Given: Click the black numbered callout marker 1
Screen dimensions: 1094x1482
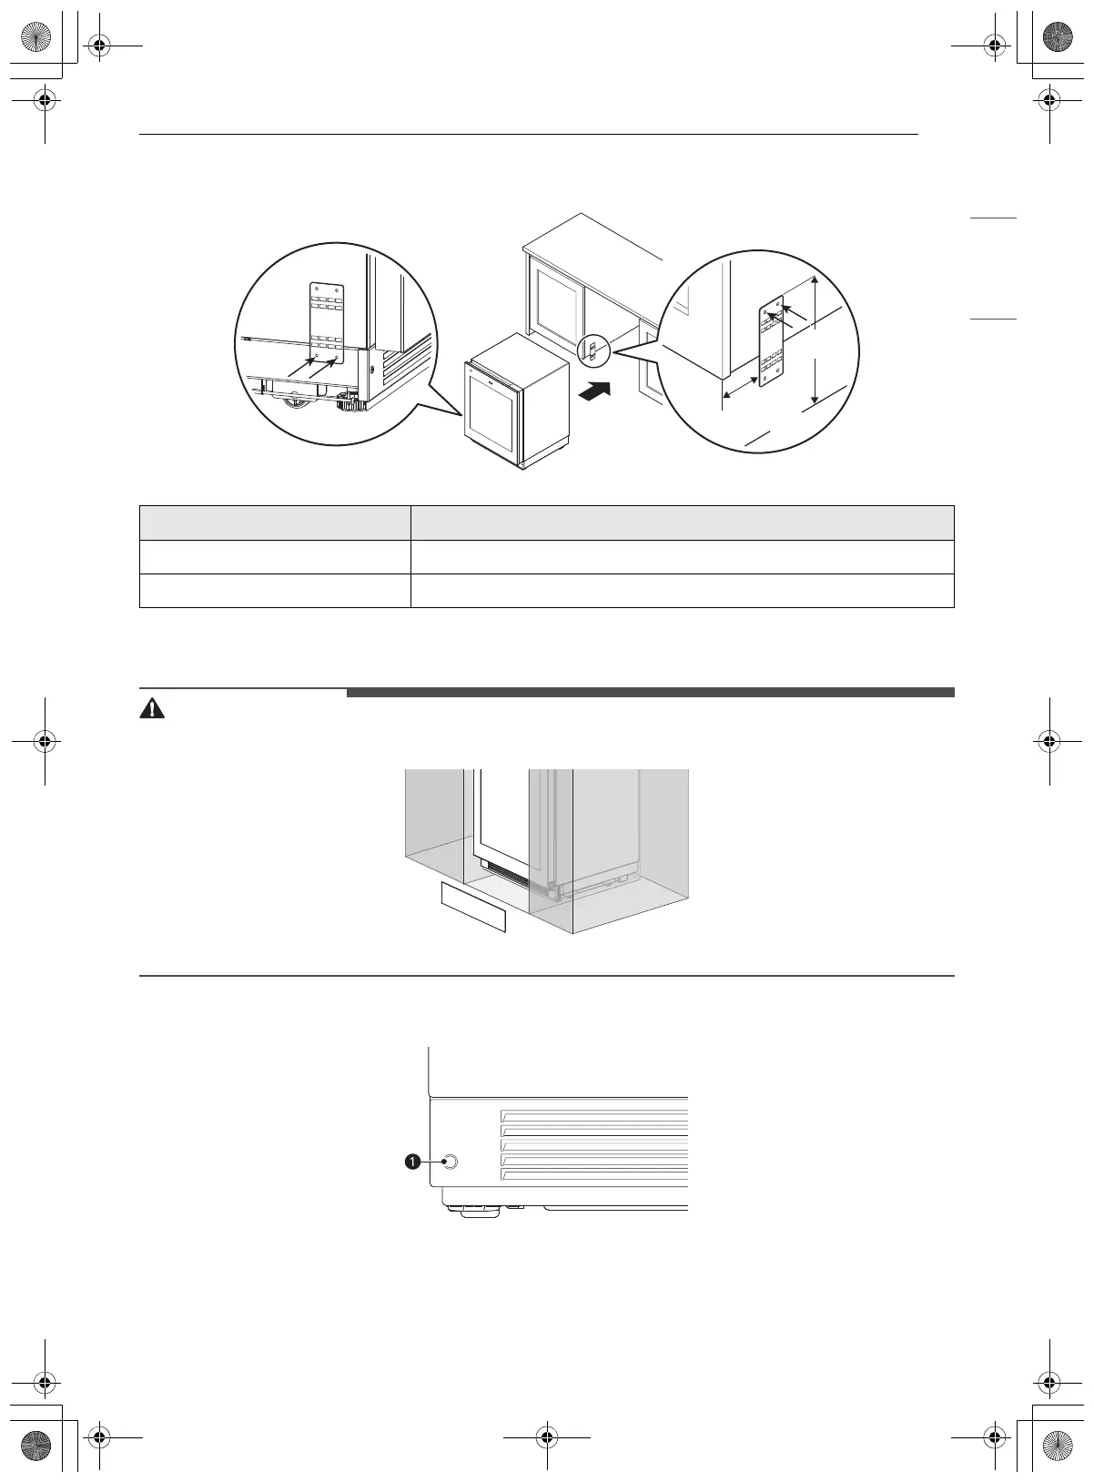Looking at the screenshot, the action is [412, 1162].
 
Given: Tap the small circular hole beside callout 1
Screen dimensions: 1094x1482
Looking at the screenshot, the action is [448, 1162].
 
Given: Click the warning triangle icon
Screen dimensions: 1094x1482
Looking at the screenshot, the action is [152, 710].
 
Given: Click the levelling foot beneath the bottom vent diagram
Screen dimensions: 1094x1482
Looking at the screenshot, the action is [472, 1210].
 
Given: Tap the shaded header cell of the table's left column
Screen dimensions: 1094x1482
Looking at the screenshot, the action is [274, 523].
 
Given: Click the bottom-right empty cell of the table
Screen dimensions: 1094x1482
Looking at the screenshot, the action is [682, 591].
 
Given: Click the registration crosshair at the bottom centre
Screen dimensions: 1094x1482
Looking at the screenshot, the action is [547, 1436].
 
